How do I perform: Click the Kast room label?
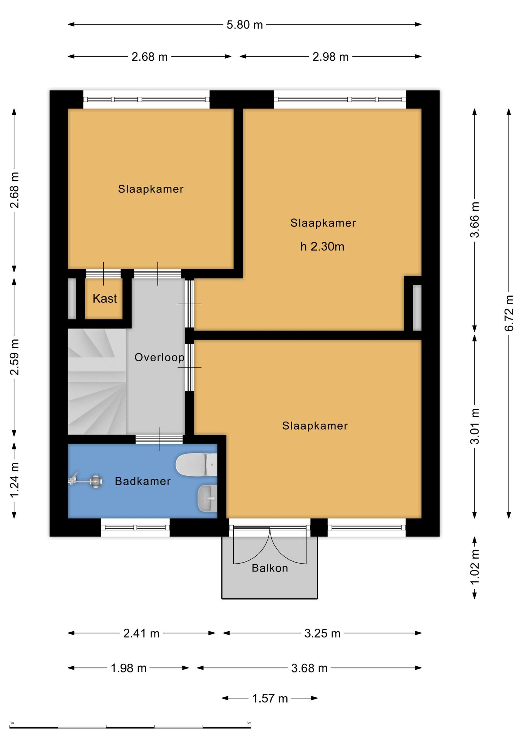(x=105, y=298)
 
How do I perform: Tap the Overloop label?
(x=159, y=357)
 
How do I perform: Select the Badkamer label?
(x=143, y=481)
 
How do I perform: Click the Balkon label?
(x=270, y=568)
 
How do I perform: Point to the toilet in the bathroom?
(x=196, y=464)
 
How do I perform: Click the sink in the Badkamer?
(x=207, y=498)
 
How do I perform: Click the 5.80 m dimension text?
(x=245, y=25)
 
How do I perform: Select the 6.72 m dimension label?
(x=509, y=313)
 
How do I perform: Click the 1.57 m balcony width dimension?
(x=270, y=698)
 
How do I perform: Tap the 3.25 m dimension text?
(x=322, y=633)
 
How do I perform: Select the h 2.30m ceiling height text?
(x=322, y=247)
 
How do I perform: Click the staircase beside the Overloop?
(x=97, y=381)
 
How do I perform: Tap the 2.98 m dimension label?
(x=330, y=57)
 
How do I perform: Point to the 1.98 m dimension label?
(x=129, y=668)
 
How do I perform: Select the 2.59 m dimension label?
(x=14, y=357)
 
